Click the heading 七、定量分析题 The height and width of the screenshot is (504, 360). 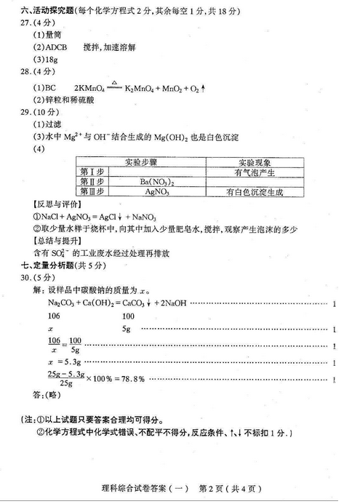coord(46,265)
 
